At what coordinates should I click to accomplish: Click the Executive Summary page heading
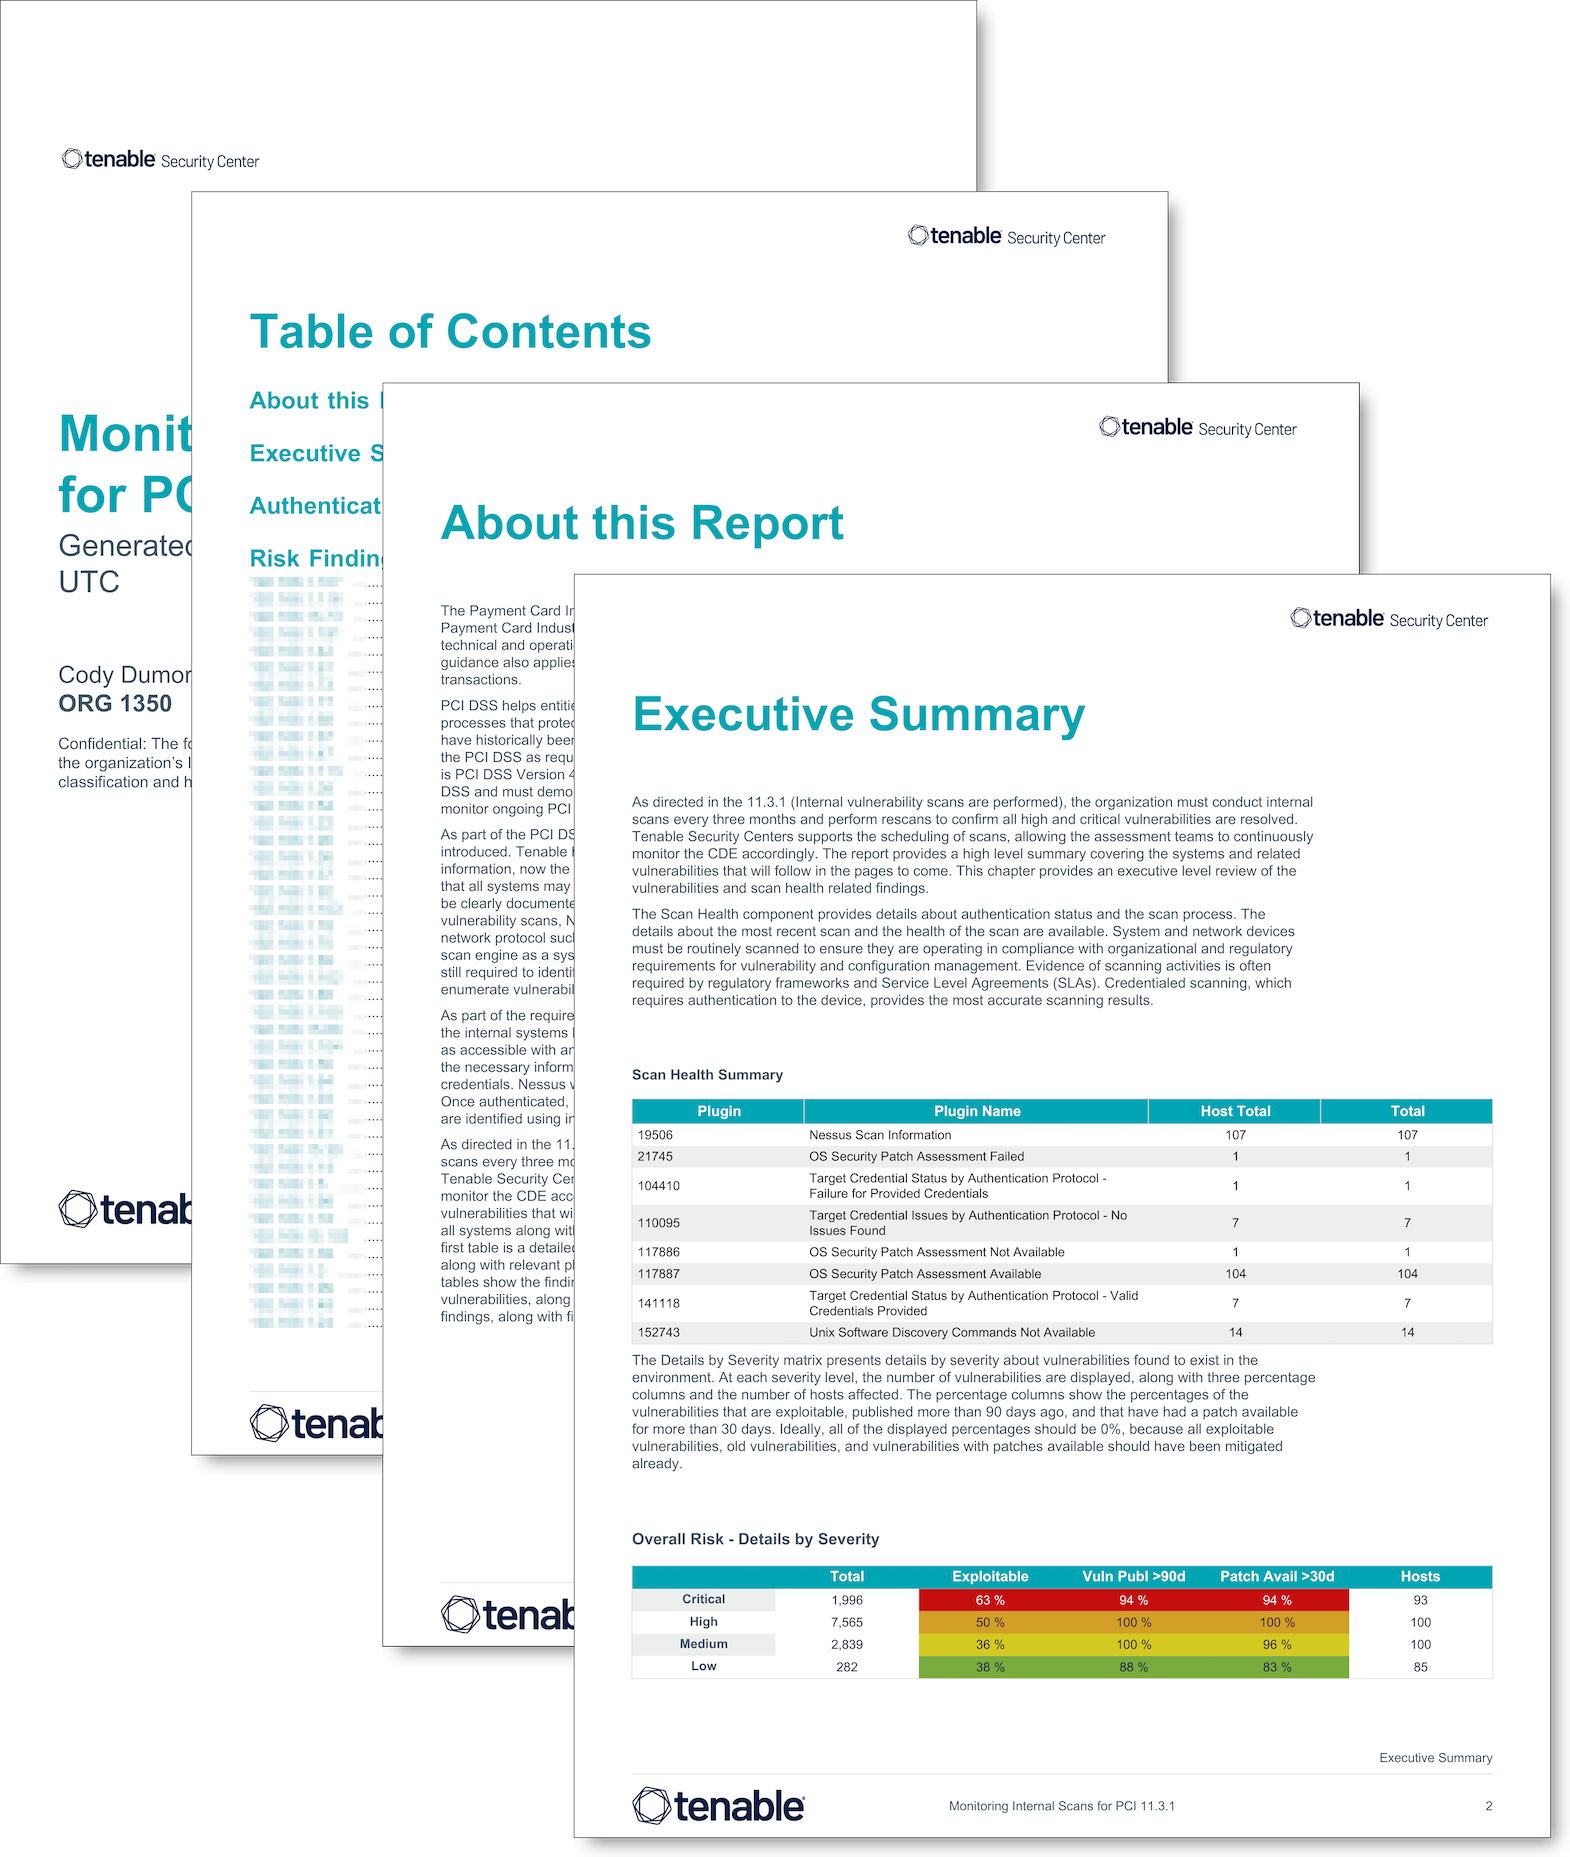(x=858, y=715)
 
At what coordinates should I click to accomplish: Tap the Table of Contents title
(x=450, y=332)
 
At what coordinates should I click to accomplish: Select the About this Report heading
(x=642, y=523)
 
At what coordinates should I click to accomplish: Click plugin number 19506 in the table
(x=656, y=1135)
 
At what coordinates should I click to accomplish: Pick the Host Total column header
(x=1235, y=1111)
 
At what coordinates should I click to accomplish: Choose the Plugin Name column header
(x=977, y=1111)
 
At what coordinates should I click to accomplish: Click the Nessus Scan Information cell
(x=880, y=1135)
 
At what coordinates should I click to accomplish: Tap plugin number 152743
(x=659, y=1332)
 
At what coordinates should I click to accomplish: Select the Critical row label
(x=704, y=1599)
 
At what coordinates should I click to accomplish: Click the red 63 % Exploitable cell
(x=990, y=1600)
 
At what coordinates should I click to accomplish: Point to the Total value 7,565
(x=847, y=1622)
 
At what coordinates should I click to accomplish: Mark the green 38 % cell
(x=990, y=1667)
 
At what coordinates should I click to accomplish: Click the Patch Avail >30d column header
(x=1277, y=1576)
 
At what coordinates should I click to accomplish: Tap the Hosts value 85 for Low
(x=1420, y=1667)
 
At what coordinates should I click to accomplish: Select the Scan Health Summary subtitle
(x=707, y=1075)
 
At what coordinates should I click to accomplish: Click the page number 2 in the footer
(x=1488, y=1806)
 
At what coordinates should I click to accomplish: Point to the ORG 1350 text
(x=115, y=704)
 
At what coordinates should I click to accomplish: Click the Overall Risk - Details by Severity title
(x=755, y=1539)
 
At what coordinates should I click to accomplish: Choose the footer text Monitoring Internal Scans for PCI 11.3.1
(x=1061, y=1806)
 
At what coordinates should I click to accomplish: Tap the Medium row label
(x=704, y=1644)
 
